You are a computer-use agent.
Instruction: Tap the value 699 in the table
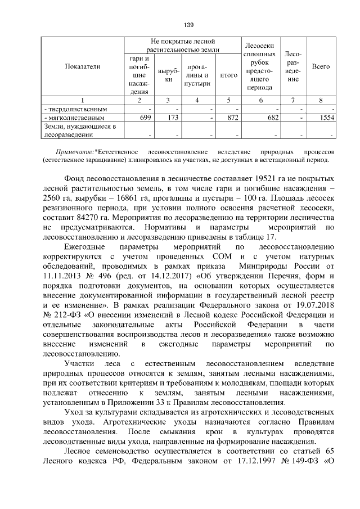pyautogui.click(x=145, y=119)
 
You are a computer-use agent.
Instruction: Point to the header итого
pyautogui.click(x=228, y=74)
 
